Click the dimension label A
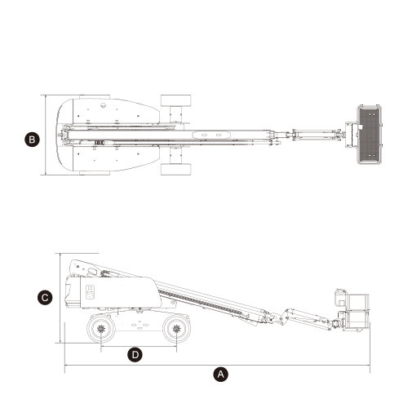[x=220, y=375]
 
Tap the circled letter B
[x=32, y=140]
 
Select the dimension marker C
[x=45, y=297]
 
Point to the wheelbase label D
[x=135, y=354]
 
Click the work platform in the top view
[x=370, y=135]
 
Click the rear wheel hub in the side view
[x=101, y=329]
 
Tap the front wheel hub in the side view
[x=177, y=329]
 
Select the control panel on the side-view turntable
[x=90, y=292]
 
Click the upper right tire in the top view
[x=176, y=100]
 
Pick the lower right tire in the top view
[x=176, y=169]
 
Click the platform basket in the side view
[x=357, y=313]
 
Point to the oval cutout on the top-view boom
[x=211, y=135]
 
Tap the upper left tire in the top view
[x=95, y=97]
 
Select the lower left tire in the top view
[x=95, y=173]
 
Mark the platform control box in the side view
[x=340, y=297]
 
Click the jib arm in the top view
[x=315, y=135]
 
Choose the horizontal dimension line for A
[x=217, y=366]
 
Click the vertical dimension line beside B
[x=46, y=135]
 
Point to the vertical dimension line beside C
[x=60, y=298]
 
